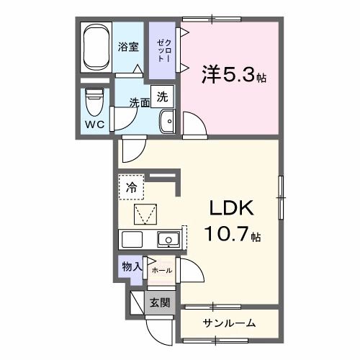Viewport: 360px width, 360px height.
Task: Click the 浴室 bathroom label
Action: [x=128, y=48]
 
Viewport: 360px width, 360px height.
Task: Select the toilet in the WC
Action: [x=94, y=102]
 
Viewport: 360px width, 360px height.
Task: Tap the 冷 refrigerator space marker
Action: [x=131, y=186]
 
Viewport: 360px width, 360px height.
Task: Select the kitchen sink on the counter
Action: [x=168, y=239]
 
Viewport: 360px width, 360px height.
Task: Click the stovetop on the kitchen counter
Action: [x=134, y=239]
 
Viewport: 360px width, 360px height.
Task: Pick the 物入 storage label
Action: [x=130, y=266]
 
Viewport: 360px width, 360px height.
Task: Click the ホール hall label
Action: [x=161, y=270]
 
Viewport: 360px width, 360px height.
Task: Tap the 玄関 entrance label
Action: [x=160, y=302]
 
